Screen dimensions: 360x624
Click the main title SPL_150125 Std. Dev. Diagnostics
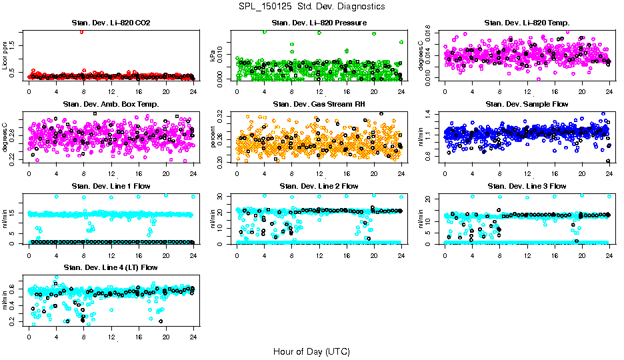[x=311, y=6]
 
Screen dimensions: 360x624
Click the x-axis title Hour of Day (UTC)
[x=311, y=351]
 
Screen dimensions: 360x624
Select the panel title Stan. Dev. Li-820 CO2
[x=111, y=23]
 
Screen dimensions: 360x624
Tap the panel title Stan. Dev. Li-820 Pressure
[x=319, y=23]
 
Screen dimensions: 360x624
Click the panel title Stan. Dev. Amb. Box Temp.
[x=111, y=104]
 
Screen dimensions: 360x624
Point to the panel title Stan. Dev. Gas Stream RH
[x=319, y=104]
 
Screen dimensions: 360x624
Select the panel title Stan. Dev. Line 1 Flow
[x=111, y=186]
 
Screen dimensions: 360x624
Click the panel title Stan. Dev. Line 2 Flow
[x=319, y=186]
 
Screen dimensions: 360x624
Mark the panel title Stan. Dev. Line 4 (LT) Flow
[x=111, y=267]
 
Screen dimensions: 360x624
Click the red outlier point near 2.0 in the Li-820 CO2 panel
[x=81, y=31]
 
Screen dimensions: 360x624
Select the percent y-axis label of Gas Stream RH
[x=213, y=138]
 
